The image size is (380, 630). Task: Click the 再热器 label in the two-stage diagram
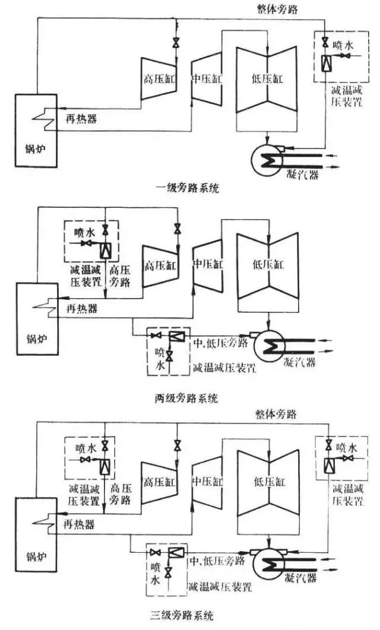point(80,310)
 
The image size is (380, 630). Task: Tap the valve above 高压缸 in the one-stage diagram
point(176,43)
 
